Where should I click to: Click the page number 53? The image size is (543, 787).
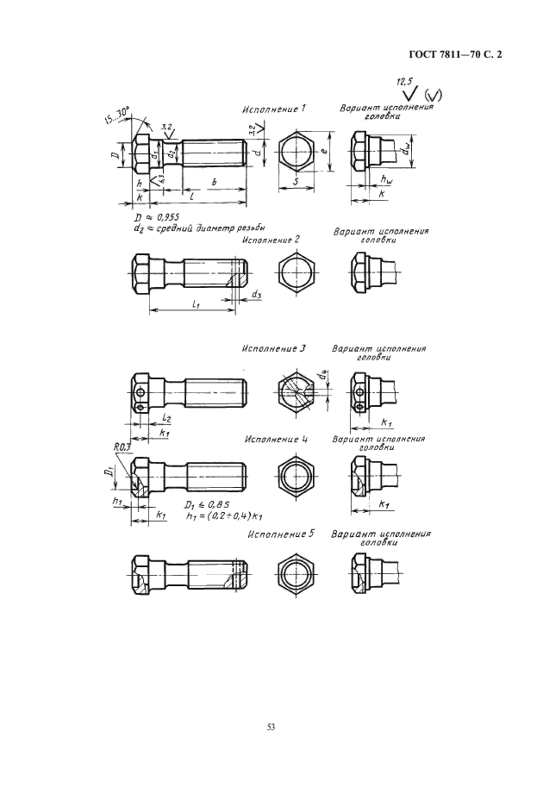click(x=271, y=728)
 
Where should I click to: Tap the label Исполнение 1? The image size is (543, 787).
click(x=273, y=110)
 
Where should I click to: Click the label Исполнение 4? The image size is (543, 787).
click(x=276, y=439)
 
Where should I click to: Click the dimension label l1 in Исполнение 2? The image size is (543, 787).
click(x=197, y=305)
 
